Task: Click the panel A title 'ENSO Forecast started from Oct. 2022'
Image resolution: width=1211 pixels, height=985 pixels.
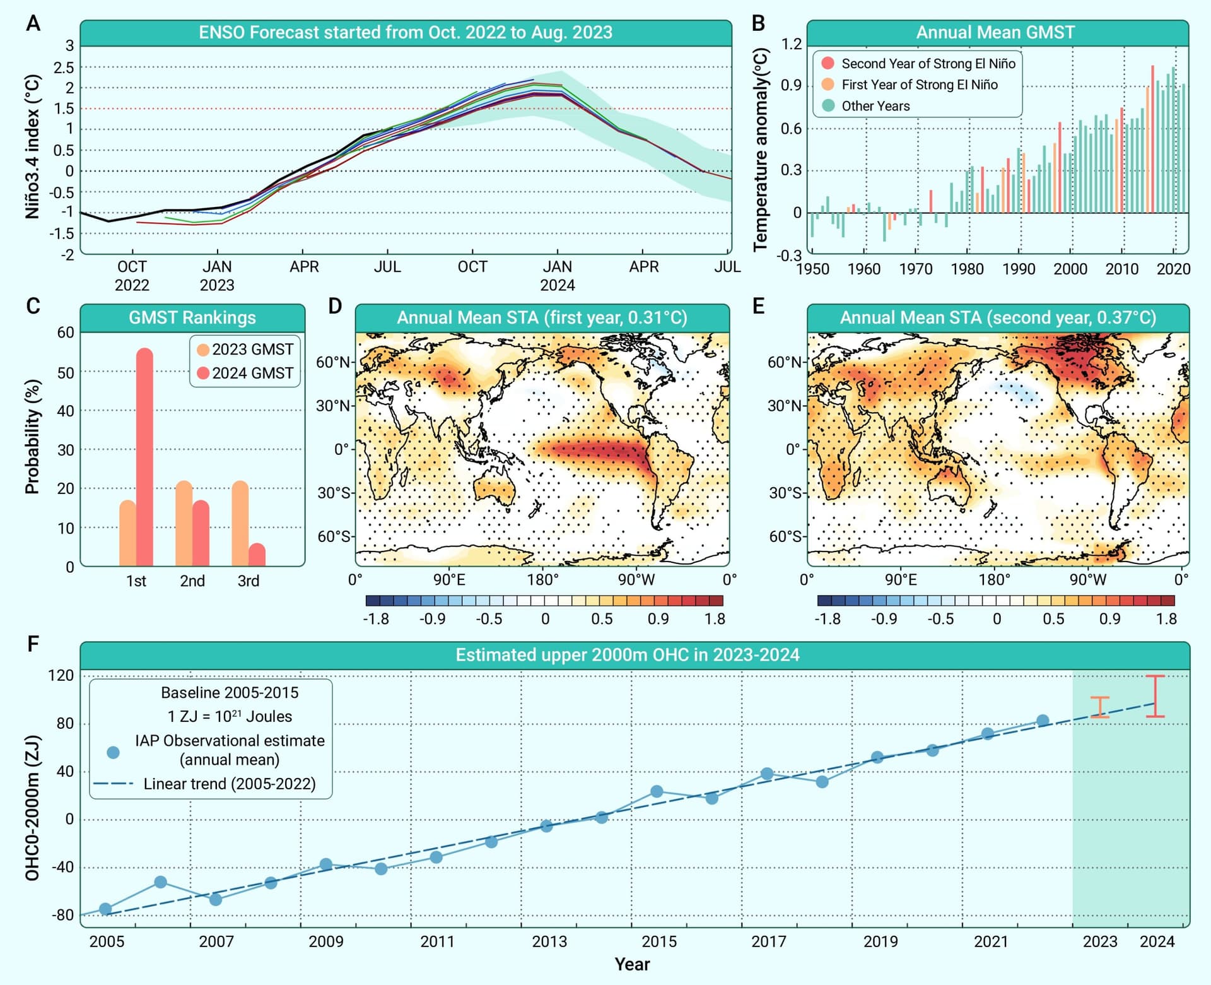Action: click(x=406, y=32)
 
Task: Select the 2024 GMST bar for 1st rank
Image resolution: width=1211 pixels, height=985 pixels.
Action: click(x=144, y=457)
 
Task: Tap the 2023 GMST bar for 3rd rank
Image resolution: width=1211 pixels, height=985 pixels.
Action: click(x=240, y=524)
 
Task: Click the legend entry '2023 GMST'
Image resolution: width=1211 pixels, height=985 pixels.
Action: click(x=245, y=349)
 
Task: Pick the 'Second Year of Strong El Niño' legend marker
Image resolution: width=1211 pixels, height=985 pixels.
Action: click(x=828, y=63)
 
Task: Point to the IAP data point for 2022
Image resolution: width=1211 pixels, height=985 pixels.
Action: click(x=1043, y=721)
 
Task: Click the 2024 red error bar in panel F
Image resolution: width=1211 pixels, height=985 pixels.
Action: click(x=1155, y=696)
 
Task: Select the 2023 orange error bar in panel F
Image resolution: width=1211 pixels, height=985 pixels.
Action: click(x=1100, y=707)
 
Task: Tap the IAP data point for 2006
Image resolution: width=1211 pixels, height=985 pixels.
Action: click(x=160, y=882)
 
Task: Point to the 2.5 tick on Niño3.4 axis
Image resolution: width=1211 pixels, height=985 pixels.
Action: click(x=64, y=68)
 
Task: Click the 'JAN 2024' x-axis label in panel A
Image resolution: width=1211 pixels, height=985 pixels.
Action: click(x=558, y=276)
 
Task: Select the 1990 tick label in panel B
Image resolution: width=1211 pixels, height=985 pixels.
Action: click(x=1019, y=269)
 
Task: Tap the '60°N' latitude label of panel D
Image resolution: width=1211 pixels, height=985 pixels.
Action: click(x=333, y=362)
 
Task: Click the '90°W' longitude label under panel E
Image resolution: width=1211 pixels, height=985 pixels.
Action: click(x=1087, y=579)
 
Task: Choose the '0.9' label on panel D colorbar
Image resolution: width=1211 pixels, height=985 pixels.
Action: click(x=658, y=618)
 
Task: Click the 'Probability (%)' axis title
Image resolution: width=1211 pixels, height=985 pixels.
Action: click(x=32, y=436)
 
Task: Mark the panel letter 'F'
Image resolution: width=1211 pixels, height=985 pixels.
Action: click(x=33, y=643)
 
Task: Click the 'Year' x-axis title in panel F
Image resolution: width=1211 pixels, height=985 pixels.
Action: click(x=632, y=964)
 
